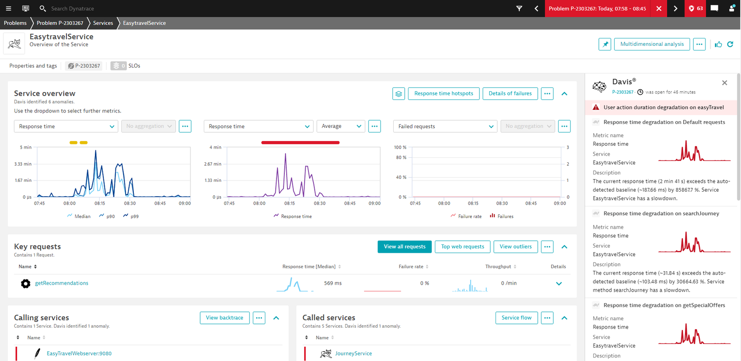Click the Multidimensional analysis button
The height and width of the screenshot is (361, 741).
tap(652, 44)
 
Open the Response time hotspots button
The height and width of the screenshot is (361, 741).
tap(444, 93)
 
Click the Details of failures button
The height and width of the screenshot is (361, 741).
tap(510, 93)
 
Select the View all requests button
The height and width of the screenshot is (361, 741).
tap(405, 247)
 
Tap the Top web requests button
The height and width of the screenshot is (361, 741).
tap(463, 247)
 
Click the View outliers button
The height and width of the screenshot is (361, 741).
tap(515, 247)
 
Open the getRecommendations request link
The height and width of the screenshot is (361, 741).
tap(62, 283)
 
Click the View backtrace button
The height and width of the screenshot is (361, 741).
tap(225, 317)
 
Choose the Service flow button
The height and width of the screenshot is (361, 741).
tap(516, 317)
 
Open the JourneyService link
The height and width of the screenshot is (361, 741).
tap(353, 354)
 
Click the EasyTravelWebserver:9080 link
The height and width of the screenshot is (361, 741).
tap(79, 354)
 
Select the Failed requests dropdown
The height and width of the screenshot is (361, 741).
tap(445, 126)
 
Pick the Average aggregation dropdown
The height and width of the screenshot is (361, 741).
tap(341, 126)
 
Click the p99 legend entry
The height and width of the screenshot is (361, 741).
tap(131, 216)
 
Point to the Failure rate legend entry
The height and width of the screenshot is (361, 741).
tap(466, 216)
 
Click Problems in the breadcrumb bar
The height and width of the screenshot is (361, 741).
tap(15, 23)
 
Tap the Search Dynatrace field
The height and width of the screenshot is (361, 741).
tap(72, 9)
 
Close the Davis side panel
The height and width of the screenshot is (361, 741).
tap(724, 83)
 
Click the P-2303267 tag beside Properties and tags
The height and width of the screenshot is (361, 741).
tap(84, 66)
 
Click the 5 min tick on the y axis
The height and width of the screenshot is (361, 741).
tap(26, 147)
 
